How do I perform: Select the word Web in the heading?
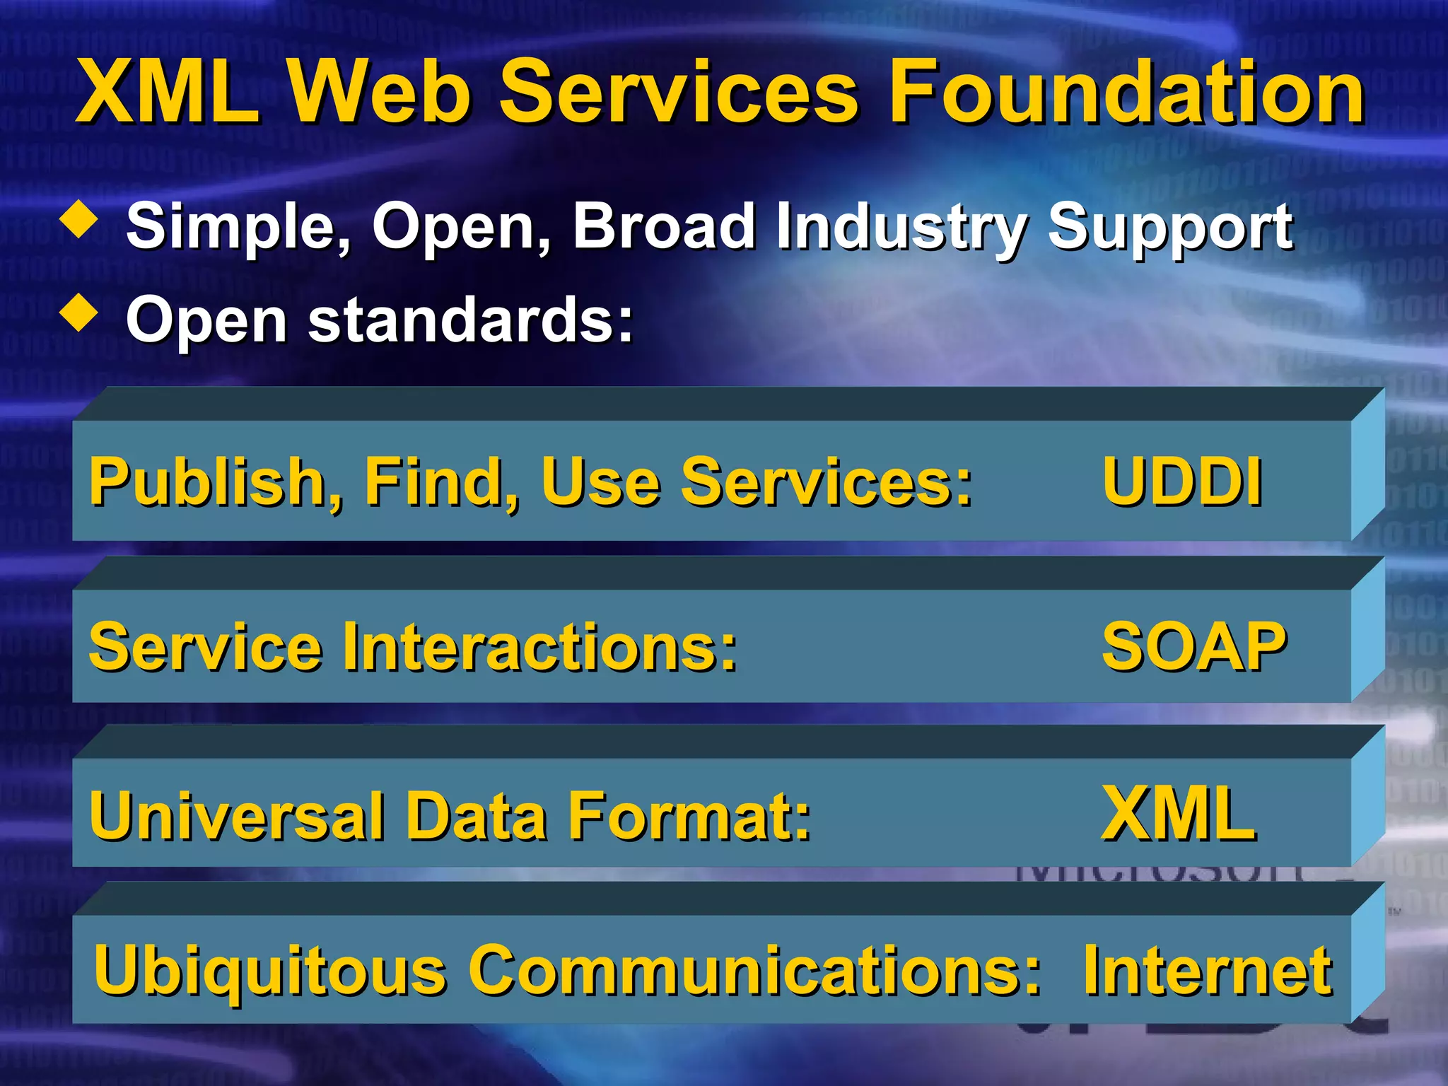[x=379, y=92]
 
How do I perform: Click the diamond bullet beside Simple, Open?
[x=79, y=220]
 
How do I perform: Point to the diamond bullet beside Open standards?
[x=79, y=313]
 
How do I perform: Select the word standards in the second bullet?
[x=470, y=320]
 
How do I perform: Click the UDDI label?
[x=1182, y=482]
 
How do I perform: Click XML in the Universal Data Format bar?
[x=1179, y=814]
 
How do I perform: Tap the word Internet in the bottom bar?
[x=1207, y=971]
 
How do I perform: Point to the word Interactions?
[x=540, y=648]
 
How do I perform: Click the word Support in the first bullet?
[x=1169, y=228]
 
